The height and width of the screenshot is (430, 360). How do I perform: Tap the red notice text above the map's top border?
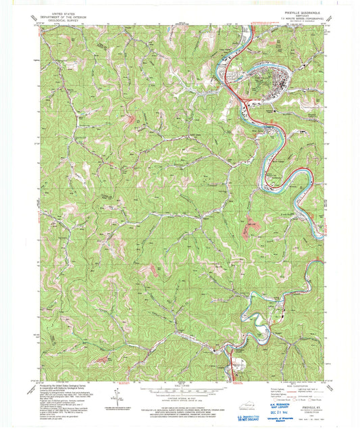pyautogui.click(x=270, y=22)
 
